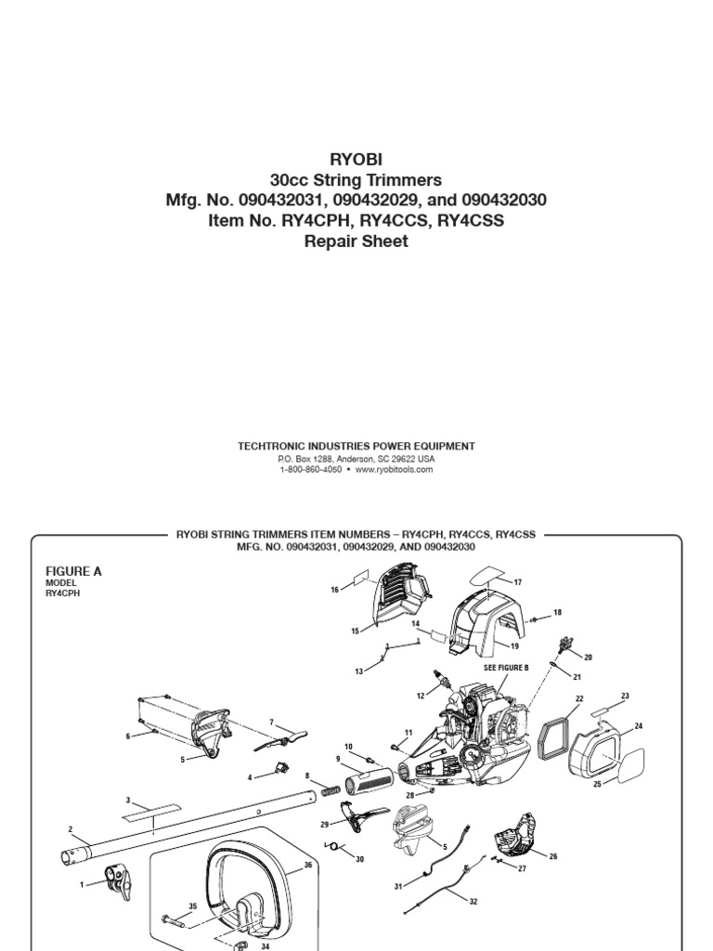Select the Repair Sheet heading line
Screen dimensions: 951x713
(x=356, y=241)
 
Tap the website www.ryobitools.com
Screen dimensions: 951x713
(x=394, y=470)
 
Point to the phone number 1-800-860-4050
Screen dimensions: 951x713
(x=310, y=470)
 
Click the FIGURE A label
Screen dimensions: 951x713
(x=74, y=571)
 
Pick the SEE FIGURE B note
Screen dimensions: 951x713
(x=506, y=668)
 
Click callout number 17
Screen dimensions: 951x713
(x=518, y=582)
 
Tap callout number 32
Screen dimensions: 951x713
(x=474, y=901)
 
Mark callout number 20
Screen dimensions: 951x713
(x=588, y=658)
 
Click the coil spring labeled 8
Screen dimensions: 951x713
(x=329, y=794)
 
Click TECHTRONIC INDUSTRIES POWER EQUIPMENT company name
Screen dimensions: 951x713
(x=356, y=446)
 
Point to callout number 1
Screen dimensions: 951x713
(x=83, y=884)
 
